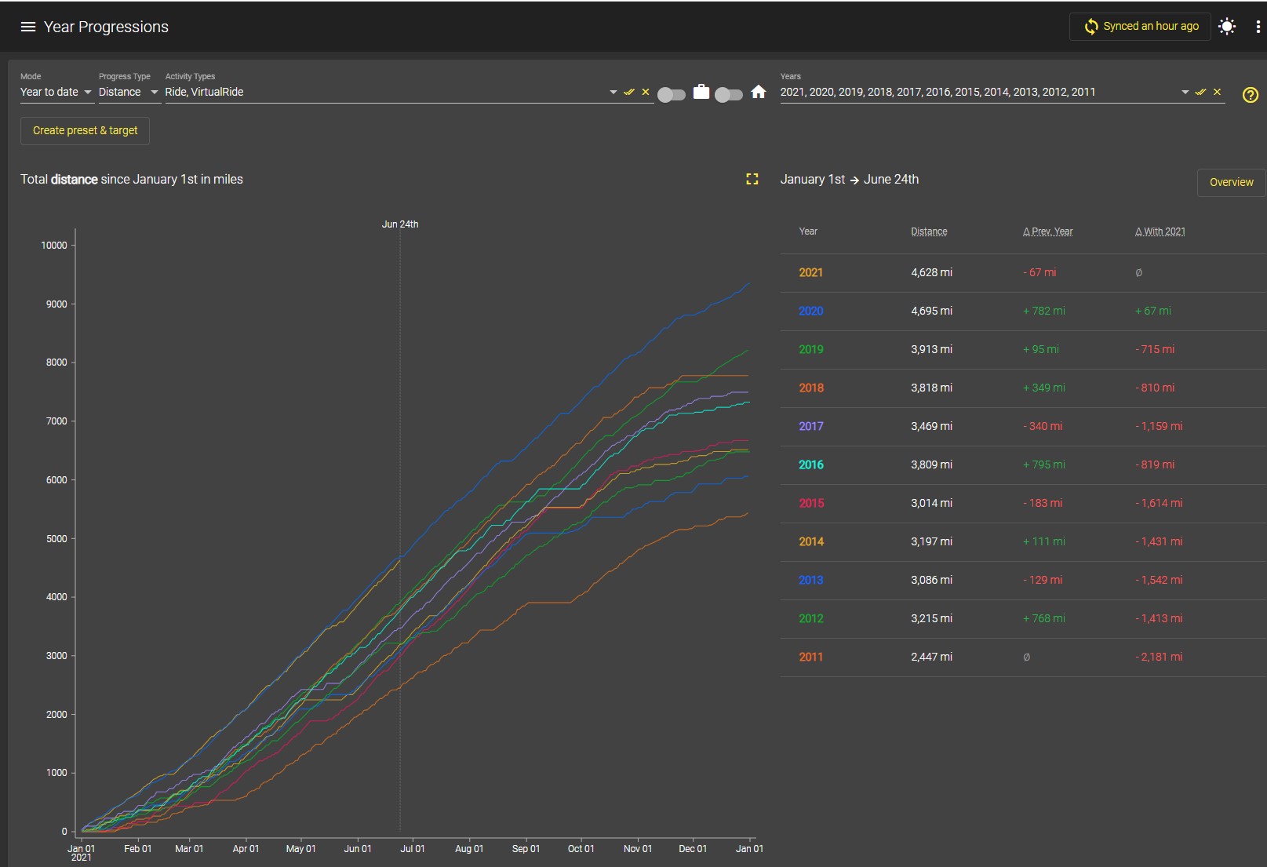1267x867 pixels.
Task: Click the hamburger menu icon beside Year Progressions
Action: pyautogui.click(x=27, y=27)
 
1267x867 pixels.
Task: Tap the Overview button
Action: pyautogui.click(x=1231, y=182)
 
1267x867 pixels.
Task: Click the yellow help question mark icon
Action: pyautogui.click(x=1250, y=94)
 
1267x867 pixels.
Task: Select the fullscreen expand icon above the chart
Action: pyautogui.click(x=752, y=179)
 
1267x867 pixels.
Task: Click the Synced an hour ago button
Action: pyautogui.click(x=1140, y=27)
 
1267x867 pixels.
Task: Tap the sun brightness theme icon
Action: pyautogui.click(x=1227, y=27)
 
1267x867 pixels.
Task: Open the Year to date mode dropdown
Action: pyautogui.click(x=56, y=92)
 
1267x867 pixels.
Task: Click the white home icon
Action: pyautogui.click(x=758, y=92)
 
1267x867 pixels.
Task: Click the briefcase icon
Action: pyautogui.click(x=701, y=92)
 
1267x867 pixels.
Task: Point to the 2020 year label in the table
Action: pyautogui.click(x=810, y=311)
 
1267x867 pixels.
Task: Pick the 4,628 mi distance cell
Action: pyautogui.click(x=931, y=272)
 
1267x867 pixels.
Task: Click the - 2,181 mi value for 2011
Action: pyautogui.click(x=1159, y=658)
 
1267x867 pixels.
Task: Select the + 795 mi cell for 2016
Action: pyautogui.click(x=1043, y=465)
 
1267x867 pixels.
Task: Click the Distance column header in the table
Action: pyautogui.click(x=929, y=231)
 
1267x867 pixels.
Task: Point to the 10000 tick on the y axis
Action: pyautogui.click(x=53, y=246)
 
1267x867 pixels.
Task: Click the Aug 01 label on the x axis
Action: pyautogui.click(x=469, y=848)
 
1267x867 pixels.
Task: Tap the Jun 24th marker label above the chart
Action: pyautogui.click(x=400, y=224)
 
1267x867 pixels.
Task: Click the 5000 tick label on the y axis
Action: pyautogui.click(x=56, y=539)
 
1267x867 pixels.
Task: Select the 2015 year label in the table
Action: pyautogui.click(x=810, y=504)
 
